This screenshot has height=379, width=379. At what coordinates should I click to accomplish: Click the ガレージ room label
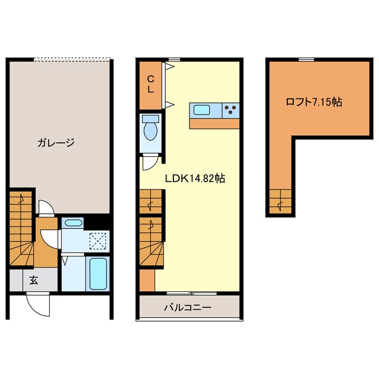(56, 143)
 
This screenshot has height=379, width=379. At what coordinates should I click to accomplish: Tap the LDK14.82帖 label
(195, 179)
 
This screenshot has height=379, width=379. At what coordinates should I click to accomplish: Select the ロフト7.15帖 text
(314, 102)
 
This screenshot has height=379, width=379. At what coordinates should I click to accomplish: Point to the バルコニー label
(188, 307)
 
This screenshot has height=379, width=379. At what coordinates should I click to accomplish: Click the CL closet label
(150, 84)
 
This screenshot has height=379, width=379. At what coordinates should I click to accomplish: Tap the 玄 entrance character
(34, 280)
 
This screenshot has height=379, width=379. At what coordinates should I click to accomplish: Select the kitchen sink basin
(201, 110)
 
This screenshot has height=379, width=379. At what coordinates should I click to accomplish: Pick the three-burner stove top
(230, 111)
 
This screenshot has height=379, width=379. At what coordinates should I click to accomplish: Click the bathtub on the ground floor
(98, 274)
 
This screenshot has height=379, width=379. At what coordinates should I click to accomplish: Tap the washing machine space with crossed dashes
(98, 241)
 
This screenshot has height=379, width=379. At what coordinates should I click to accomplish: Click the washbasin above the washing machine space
(73, 223)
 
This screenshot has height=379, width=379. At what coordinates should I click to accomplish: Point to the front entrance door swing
(38, 304)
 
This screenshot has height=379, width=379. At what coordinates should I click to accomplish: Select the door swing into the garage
(46, 208)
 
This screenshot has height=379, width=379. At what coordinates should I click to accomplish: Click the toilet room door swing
(150, 163)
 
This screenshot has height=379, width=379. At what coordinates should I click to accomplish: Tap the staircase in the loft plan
(280, 201)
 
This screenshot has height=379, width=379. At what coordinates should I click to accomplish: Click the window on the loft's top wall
(306, 59)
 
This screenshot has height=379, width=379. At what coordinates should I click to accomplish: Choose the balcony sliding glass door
(192, 294)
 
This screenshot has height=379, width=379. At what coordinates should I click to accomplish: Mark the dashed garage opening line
(72, 58)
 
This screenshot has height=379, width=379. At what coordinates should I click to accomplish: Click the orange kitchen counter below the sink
(214, 124)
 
